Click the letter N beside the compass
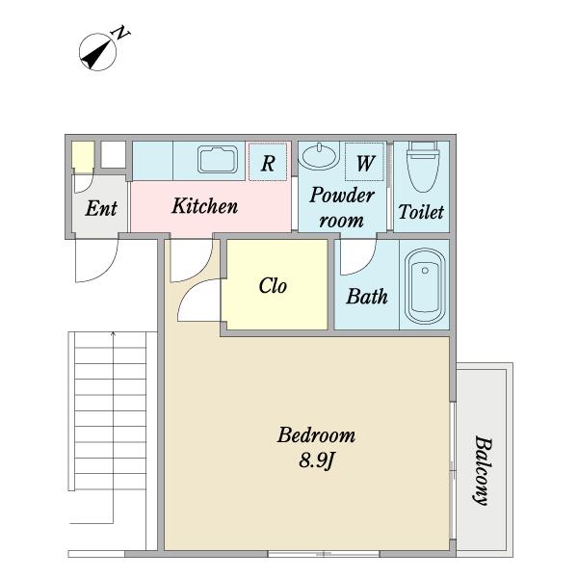(x=121, y=33)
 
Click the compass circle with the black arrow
(x=97, y=52)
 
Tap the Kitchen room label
(x=205, y=206)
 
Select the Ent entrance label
(x=101, y=208)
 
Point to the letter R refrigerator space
(x=268, y=163)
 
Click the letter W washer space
(x=365, y=163)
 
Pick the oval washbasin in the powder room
(x=319, y=155)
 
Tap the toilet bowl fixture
(x=423, y=167)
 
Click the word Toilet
(x=421, y=212)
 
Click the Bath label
(x=367, y=297)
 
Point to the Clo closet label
(x=273, y=286)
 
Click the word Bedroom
(x=316, y=435)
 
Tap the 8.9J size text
(x=316, y=460)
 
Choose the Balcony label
(x=483, y=470)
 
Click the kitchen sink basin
(x=218, y=160)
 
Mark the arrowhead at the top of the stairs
(x=113, y=334)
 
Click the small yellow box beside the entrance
(x=83, y=157)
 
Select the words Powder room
(x=342, y=208)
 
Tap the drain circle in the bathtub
(x=425, y=271)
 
